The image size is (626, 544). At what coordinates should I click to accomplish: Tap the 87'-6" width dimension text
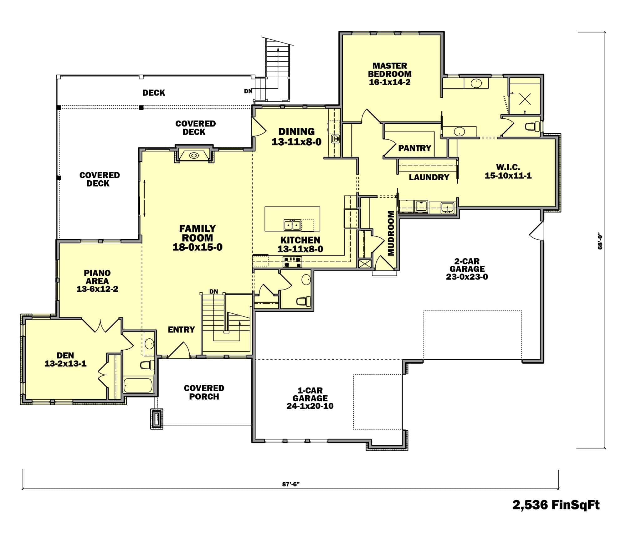tap(291, 484)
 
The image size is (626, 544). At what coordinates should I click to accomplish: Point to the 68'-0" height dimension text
tap(600, 241)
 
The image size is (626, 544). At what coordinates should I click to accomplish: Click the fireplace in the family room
tap(194, 155)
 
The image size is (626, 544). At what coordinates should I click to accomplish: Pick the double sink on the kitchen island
tap(292, 225)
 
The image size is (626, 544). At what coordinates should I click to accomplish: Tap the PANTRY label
tap(414, 148)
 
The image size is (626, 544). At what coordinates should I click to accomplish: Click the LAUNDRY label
tap(429, 177)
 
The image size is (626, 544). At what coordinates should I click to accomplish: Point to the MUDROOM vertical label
tap(391, 233)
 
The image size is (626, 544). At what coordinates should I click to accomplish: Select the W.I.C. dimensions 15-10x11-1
tap(508, 176)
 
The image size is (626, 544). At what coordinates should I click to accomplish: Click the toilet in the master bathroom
tap(532, 126)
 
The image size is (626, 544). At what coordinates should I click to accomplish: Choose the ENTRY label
tap(181, 330)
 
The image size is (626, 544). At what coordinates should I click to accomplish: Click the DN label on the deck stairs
tap(248, 91)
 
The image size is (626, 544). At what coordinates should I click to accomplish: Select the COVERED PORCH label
tap(204, 392)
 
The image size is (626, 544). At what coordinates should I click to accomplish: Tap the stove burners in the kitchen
tap(292, 262)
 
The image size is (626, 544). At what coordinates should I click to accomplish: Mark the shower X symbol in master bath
tap(525, 99)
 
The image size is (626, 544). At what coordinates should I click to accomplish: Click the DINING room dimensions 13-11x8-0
tap(296, 142)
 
